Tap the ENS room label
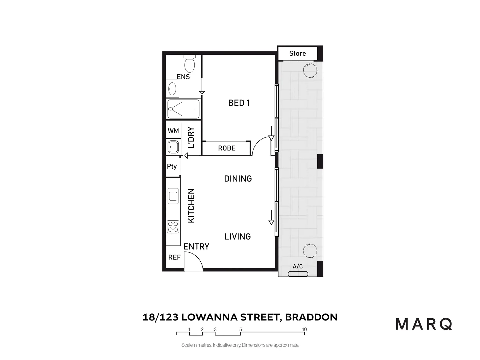183,77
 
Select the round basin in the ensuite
172,89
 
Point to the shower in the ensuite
183,109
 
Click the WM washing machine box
173,131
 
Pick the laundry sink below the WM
173,147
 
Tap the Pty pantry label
172,166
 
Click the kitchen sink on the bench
173,196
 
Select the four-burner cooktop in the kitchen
173,227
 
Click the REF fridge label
174,257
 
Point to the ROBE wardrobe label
227,148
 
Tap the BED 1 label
239,103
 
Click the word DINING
238,179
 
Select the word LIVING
238,237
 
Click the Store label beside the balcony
297,53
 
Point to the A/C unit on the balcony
298,274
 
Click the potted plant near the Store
310,70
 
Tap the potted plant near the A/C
310,250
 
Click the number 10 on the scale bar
304,329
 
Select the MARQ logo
424,324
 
